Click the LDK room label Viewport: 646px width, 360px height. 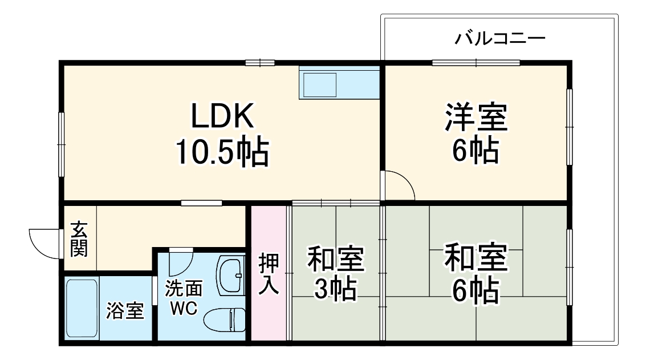[222, 117]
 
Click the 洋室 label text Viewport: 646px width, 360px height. [476, 116]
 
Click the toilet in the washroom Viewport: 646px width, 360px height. [225, 319]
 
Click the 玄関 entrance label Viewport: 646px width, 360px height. [79, 240]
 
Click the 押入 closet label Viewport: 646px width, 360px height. [269, 273]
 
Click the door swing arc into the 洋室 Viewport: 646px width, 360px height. [400, 185]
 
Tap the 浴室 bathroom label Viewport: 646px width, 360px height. [125, 311]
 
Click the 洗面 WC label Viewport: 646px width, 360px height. [183, 298]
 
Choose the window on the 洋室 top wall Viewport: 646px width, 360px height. [476, 63]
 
